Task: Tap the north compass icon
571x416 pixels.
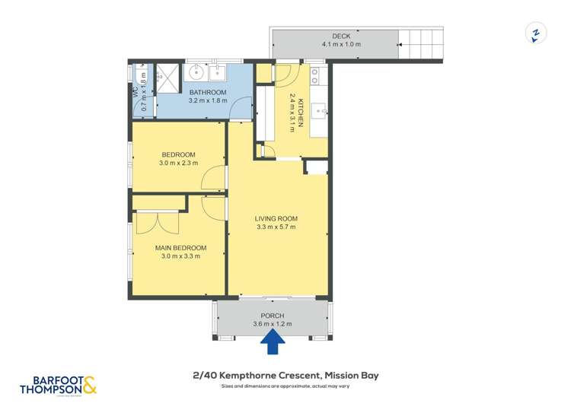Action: click(x=536, y=33)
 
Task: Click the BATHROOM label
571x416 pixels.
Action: click(x=208, y=92)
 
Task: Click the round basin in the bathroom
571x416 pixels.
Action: click(x=196, y=74)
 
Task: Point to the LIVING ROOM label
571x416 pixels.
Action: click(x=276, y=218)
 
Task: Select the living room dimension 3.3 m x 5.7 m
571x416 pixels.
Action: click(x=276, y=227)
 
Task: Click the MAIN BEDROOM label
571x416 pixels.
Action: click(x=180, y=247)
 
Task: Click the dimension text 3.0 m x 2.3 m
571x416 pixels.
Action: click(x=179, y=162)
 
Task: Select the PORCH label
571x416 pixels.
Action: click(x=272, y=316)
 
